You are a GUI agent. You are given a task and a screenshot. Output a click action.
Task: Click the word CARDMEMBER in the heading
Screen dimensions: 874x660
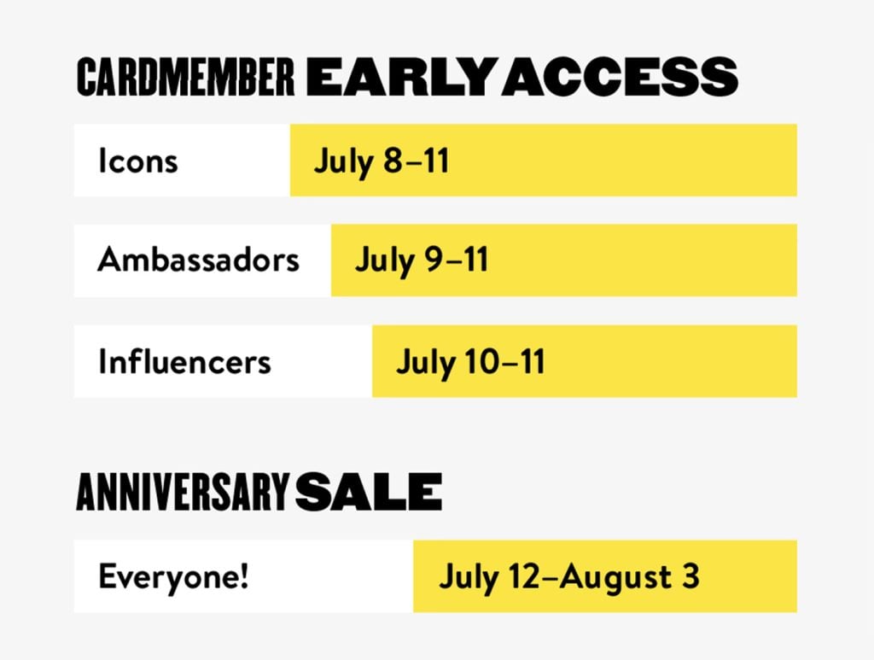click(x=185, y=76)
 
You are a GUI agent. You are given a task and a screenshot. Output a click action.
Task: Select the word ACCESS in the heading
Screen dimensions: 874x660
click(x=621, y=76)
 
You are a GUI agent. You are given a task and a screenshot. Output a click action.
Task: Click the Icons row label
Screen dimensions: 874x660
click(x=138, y=161)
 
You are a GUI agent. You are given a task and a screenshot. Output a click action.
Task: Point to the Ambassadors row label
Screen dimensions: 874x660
click(x=198, y=260)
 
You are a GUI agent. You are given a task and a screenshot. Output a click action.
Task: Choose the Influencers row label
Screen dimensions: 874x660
click(x=184, y=360)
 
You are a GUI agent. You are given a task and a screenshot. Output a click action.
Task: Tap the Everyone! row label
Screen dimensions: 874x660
click(x=173, y=577)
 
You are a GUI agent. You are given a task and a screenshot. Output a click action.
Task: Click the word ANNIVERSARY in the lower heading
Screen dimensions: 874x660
click(x=183, y=492)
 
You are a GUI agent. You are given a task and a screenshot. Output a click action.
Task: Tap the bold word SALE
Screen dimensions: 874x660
click(x=369, y=492)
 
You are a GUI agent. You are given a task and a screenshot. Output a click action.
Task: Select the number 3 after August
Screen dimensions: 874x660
click(x=690, y=576)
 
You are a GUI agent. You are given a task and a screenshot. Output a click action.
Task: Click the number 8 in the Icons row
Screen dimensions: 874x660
click(x=393, y=161)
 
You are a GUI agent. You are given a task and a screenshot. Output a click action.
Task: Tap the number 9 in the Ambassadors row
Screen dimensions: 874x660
click(x=434, y=260)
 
